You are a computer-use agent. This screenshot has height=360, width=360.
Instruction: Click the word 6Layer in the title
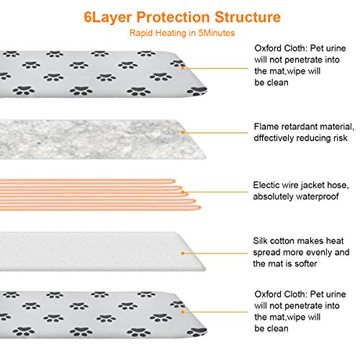click(108, 17)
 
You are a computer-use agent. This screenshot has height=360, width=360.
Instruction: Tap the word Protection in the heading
click(173, 17)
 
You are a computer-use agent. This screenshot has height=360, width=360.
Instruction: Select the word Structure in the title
click(248, 17)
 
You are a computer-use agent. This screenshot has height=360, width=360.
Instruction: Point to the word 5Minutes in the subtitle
click(216, 33)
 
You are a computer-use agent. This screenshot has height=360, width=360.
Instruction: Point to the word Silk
click(260, 240)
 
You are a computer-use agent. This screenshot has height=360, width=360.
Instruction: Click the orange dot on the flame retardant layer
click(183, 132)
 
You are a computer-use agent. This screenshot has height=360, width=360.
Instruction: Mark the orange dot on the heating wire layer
click(183, 192)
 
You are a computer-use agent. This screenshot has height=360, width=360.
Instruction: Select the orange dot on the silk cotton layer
click(183, 253)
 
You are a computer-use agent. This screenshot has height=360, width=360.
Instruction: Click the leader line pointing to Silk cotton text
click(216, 253)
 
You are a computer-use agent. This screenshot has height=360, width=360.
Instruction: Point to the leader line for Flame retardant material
click(216, 132)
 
